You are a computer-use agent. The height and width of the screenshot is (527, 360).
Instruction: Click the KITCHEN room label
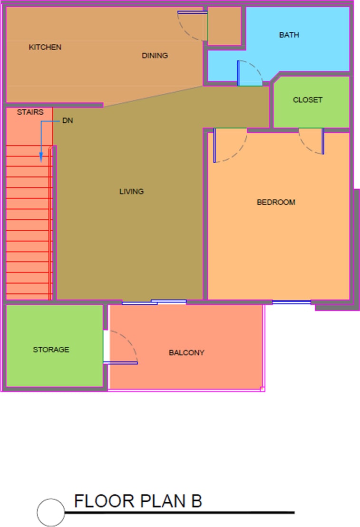[x=45, y=47]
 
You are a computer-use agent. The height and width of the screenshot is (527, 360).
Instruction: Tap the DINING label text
[x=155, y=56]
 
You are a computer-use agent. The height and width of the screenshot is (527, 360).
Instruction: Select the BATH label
[x=289, y=35]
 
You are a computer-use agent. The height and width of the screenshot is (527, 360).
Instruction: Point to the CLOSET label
[x=307, y=100]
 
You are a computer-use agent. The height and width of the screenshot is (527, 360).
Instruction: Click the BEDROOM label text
[x=276, y=202]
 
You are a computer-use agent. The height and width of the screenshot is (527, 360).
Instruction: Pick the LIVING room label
[x=131, y=192]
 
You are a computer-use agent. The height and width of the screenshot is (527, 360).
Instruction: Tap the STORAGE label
[x=51, y=350]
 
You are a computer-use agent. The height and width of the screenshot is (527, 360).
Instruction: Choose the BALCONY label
[x=186, y=353]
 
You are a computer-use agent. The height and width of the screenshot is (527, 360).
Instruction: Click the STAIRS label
[x=30, y=112]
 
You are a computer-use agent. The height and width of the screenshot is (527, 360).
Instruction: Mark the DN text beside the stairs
[x=68, y=121]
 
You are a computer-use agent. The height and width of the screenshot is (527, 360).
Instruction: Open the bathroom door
[x=239, y=73]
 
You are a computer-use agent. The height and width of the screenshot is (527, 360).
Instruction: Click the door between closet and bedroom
[x=322, y=141]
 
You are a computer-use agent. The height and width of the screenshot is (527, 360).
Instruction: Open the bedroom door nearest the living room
[x=215, y=146]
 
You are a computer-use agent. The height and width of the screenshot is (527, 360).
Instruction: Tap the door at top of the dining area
[x=192, y=13]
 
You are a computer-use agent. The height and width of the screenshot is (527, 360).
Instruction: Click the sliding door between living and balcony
[x=154, y=302]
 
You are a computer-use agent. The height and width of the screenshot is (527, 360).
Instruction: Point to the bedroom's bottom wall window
[x=292, y=302]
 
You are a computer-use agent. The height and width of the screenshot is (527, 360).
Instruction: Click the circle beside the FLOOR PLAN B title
[x=51, y=512]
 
